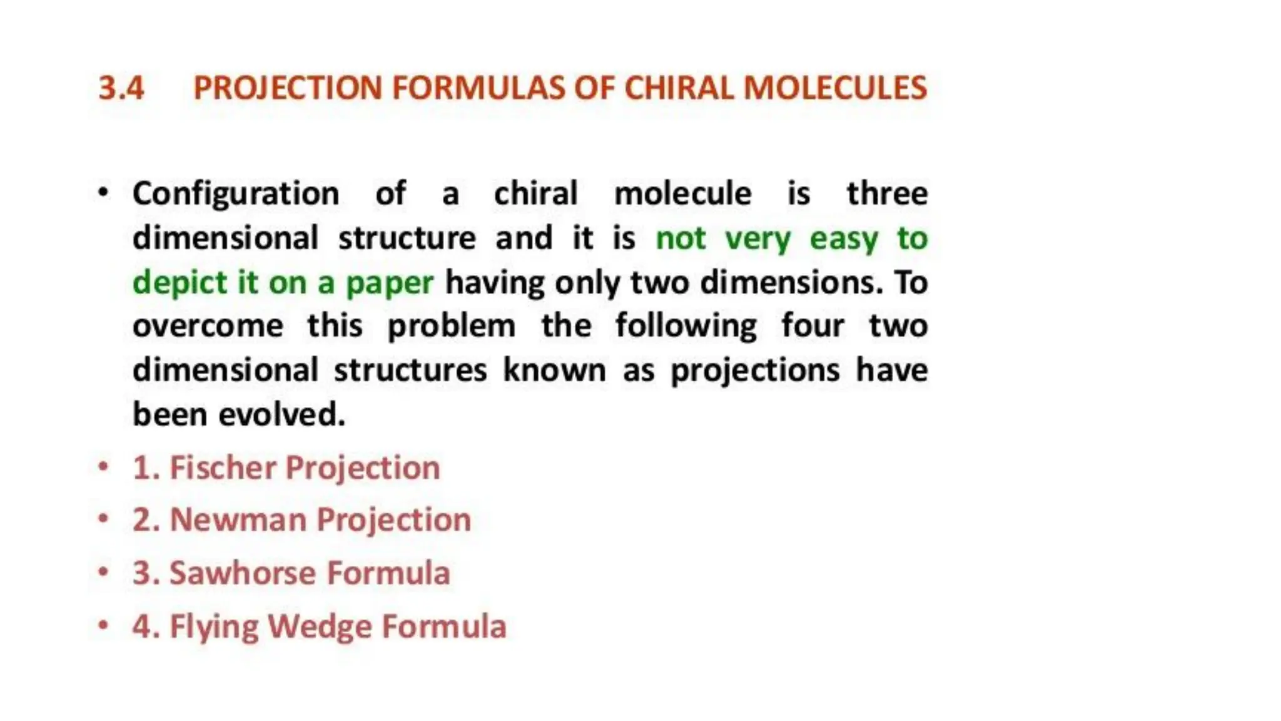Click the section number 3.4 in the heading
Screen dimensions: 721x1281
pos(121,88)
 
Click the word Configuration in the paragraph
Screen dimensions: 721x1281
pos(236,193)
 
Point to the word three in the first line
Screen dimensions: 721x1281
pos(887,193)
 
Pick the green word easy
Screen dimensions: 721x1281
pos(844,238)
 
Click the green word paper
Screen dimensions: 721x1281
pos(389,283)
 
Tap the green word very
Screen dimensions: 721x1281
pos(757,238)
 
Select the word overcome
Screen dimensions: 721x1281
pos(208,326)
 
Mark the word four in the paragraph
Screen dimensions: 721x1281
pos(813,326)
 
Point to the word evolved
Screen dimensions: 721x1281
pos(282,414)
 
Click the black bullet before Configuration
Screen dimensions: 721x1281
pos(104,192)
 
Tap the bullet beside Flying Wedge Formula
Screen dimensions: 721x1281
pos(104,625)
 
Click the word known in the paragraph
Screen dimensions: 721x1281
pos(554,370)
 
